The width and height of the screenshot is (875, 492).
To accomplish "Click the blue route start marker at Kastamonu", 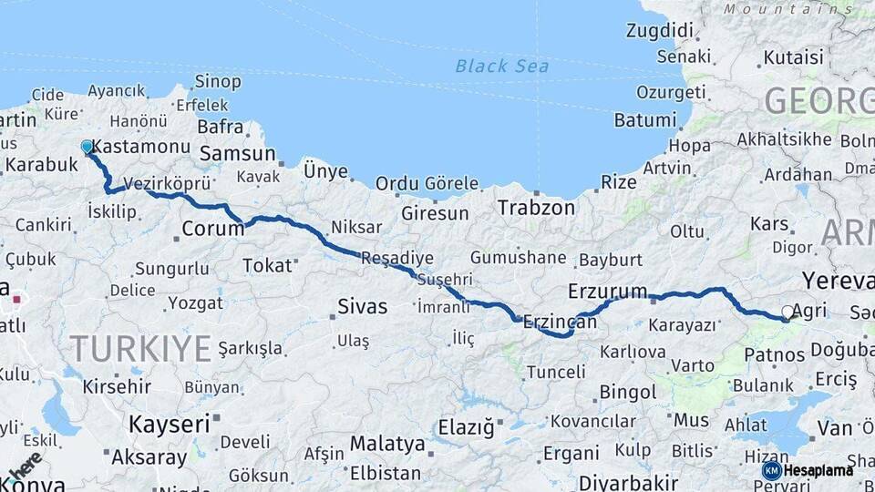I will [87, 147].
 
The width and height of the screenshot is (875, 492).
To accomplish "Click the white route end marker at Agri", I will [787, 312].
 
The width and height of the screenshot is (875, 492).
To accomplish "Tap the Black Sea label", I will [502, 66].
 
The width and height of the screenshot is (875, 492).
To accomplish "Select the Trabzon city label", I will [536, 208].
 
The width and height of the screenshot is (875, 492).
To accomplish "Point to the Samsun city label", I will [237, 154].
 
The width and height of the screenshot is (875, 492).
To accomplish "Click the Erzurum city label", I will [607, 292].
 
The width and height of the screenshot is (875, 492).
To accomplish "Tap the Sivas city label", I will [362, 306].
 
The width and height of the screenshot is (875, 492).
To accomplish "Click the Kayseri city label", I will [170, 423].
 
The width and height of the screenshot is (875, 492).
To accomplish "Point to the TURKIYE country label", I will [140, 348].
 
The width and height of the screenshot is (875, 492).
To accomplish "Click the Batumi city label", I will [645, 120].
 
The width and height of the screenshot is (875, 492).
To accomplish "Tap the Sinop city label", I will [218, 82].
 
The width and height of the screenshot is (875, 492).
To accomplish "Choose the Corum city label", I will [213, 229].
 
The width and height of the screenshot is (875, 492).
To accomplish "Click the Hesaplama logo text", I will [818, 470].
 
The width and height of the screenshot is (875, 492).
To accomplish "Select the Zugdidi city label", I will [660, 30].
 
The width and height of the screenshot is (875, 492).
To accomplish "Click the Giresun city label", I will [435, 214].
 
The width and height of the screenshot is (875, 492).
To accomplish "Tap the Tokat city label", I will [267, 265].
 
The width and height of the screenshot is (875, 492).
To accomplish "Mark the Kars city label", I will [769, 224].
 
